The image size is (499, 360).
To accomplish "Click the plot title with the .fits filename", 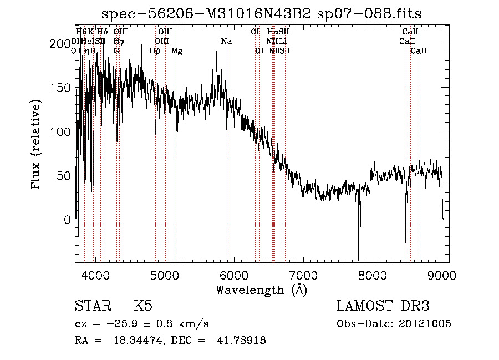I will point(262,14).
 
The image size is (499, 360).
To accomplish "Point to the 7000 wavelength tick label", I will point(303,275).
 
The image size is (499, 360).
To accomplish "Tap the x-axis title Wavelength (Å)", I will point(261,290).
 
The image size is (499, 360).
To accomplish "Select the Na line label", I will point(226,42).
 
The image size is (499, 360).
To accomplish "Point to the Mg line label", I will point(176,51).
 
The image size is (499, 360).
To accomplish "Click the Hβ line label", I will point(155,51).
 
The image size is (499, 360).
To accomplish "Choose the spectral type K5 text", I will point(143,306).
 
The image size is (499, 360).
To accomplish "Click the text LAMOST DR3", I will point(383,306).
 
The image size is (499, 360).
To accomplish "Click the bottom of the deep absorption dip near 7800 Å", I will point(359,260).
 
